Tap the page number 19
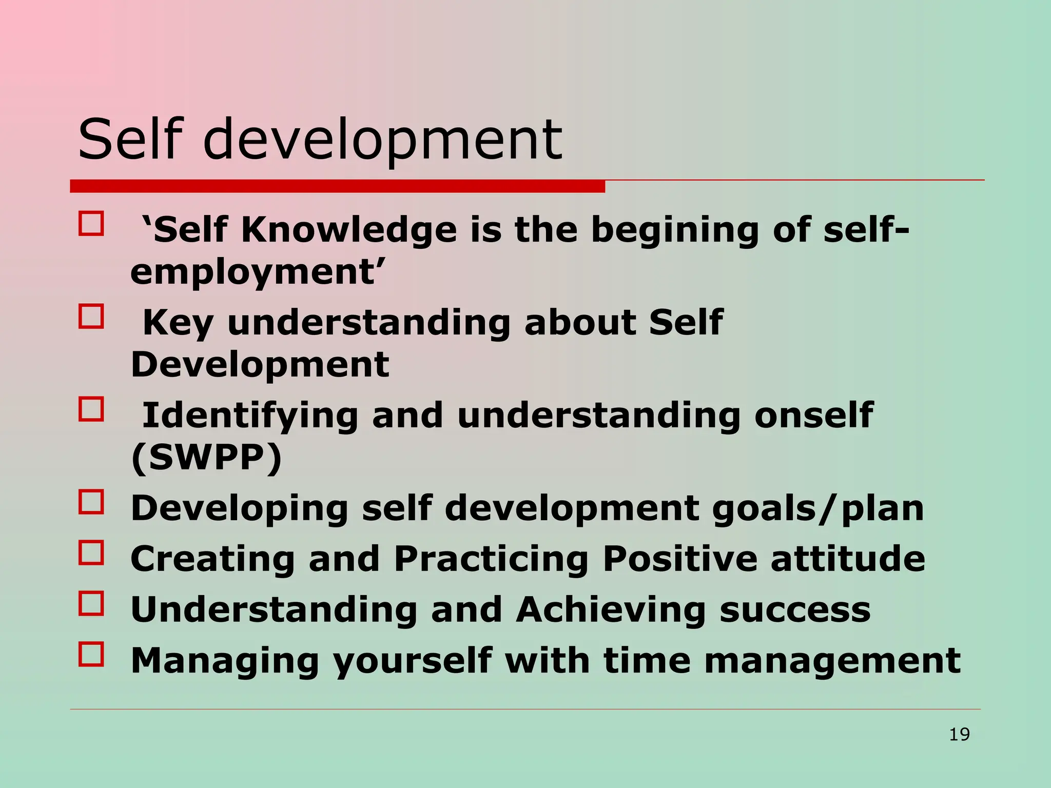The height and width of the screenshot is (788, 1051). (x=959, y=735)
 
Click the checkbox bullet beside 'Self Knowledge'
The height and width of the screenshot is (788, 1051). (x=91, y=224)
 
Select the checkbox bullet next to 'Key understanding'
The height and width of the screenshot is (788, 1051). (x=91, y=317)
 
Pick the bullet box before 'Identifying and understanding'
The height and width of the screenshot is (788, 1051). (x=91, y=409)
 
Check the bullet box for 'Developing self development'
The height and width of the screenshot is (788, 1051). (x=91, y=502)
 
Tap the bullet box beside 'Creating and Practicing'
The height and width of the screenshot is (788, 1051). (x=91, y=553)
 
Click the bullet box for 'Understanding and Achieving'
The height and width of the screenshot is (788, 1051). (x=91, y=603)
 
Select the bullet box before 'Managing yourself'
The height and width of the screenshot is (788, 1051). (x=91, y=654)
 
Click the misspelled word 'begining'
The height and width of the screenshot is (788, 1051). (x=675, y=231)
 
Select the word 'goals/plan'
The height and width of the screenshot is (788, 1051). (x=818, y=508)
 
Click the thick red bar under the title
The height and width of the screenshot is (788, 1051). (x=337, y=186)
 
